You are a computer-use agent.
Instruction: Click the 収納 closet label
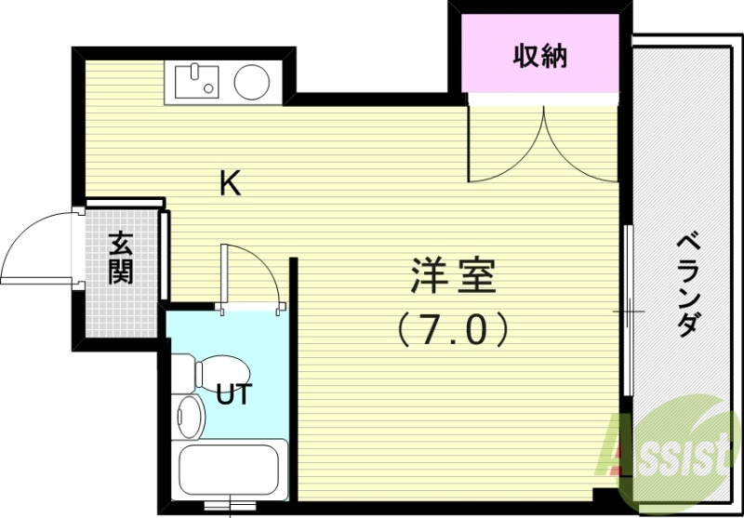(x=540, y=57)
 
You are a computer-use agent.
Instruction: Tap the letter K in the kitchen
(x=230, y=184)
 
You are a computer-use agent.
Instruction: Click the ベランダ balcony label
(x=689, y=285)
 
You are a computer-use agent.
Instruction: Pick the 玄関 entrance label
(x=120, y=258)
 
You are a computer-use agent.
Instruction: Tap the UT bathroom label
(x=233, y=394)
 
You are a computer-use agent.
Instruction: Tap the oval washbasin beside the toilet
(x=189, y=415)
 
